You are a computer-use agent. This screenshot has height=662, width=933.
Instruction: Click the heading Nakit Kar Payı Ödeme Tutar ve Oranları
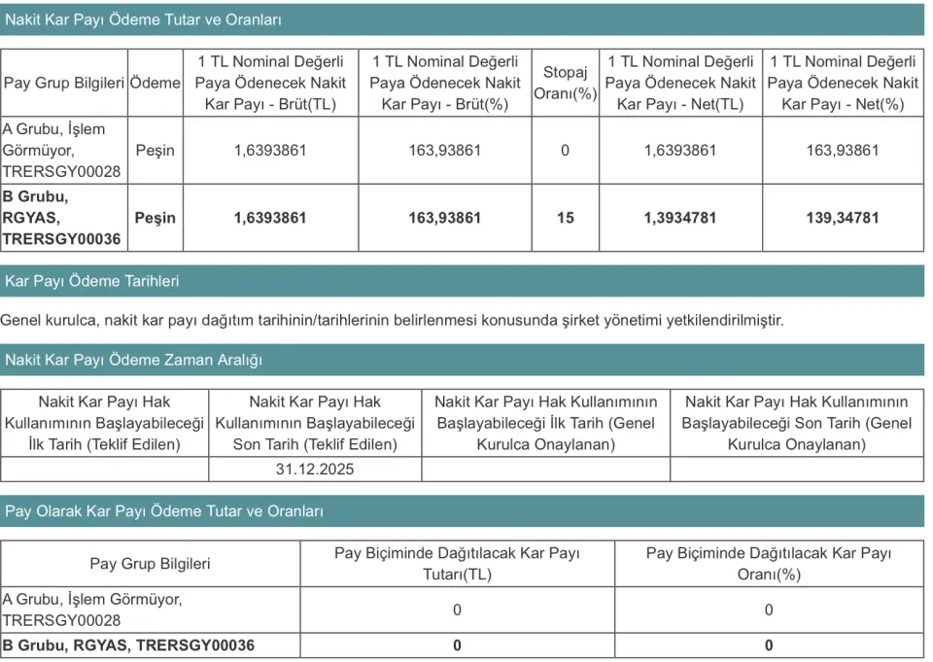[146, 19]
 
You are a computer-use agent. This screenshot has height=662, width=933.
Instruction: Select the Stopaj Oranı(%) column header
[566, 83]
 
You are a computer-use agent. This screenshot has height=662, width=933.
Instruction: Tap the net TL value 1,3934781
[680, 218]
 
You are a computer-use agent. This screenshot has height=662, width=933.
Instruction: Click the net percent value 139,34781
[843, 218]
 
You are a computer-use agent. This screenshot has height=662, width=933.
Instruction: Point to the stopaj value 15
[566, 218]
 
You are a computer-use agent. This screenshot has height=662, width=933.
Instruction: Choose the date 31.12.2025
[315, 469]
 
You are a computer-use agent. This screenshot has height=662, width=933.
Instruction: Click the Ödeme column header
[155, 83]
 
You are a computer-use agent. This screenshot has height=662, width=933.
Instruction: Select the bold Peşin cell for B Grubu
[155, 218]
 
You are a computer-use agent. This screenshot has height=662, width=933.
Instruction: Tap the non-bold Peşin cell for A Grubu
[155, 150]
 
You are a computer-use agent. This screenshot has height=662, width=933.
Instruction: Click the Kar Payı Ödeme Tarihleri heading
[92, 281]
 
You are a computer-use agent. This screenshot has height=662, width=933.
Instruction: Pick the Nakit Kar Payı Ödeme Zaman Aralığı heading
[134, 360]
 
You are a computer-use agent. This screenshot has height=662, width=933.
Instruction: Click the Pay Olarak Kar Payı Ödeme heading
[164, 511]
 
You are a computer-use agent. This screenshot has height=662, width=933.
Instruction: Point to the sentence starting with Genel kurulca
[392, 320]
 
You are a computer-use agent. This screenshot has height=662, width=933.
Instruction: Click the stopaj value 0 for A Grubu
[566, 150]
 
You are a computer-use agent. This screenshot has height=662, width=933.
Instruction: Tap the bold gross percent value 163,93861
[444, 218]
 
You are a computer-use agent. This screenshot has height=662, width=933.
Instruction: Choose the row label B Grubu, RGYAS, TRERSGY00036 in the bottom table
[128, 645]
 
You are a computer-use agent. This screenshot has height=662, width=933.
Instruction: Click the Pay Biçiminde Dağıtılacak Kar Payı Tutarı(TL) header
[457, 563]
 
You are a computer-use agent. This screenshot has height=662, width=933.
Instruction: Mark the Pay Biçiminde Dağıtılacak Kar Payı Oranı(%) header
[769, 563]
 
